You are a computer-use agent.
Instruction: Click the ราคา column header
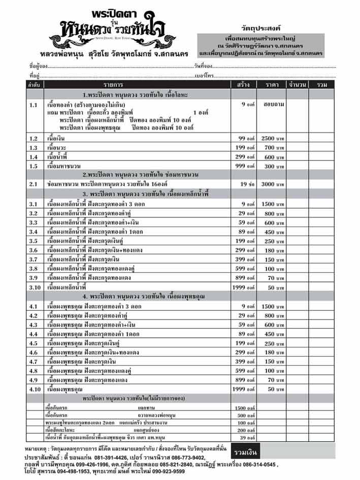(271, 84)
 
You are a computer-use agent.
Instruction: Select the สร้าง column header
(242, 84)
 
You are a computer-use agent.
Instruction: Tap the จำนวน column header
(297, 84)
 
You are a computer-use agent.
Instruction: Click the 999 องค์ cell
(246, 166)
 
